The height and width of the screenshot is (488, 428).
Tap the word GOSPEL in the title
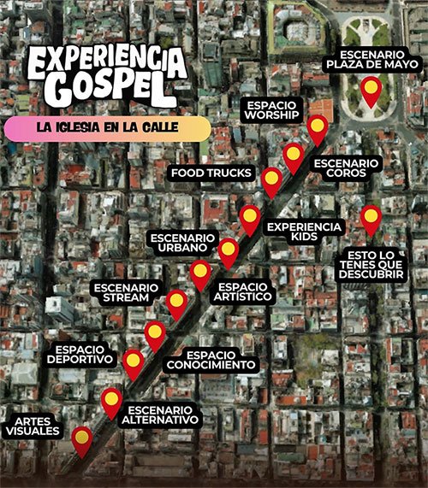(106, 87)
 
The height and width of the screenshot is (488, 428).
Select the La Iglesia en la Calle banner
(106, 128)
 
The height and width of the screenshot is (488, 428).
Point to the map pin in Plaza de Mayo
(371, 91)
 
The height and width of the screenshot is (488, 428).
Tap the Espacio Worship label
(271, 109)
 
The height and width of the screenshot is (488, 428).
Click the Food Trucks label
(211, 173)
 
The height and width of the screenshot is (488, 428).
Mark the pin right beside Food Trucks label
(271, 180)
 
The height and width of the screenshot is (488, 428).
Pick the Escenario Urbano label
(178, 242)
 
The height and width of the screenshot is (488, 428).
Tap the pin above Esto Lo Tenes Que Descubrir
(371, 218)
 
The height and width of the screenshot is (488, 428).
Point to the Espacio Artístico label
(245, 291)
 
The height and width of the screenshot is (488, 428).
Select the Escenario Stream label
(126, 293)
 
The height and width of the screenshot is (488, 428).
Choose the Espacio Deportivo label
(84, 354)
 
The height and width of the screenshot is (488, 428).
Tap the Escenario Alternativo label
(160, 414)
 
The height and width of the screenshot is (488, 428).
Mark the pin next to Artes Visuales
(82, 439)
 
